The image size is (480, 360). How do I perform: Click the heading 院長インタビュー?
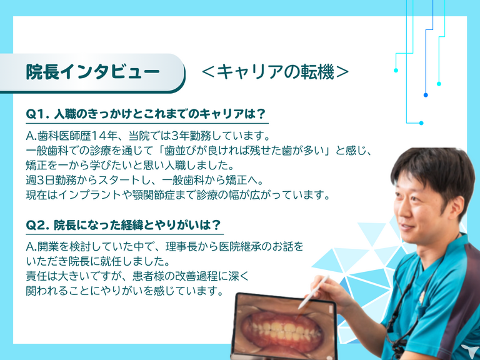click(x=92, y=72)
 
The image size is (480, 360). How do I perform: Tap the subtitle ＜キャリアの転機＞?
click(x=275, y=72)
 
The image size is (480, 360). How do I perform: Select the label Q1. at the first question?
click(x=37, y=114)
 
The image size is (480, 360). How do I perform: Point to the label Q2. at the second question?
click(x=37, y=225)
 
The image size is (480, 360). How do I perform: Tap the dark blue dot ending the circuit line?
click(x=426, y=95)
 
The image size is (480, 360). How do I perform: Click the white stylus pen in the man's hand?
click(x=314, y=292)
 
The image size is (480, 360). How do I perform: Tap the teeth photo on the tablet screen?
click(x=283, y=329)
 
